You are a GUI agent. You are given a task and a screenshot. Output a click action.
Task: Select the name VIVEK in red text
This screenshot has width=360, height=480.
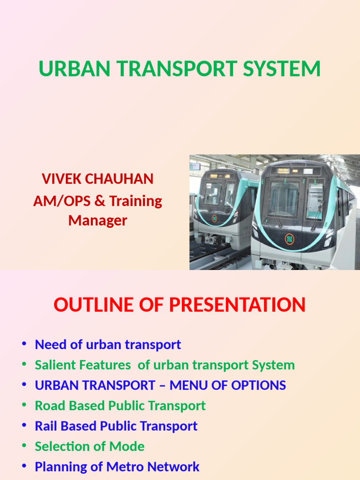click(60, 179)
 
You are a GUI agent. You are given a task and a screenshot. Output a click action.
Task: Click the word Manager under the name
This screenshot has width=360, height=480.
click(97, 220)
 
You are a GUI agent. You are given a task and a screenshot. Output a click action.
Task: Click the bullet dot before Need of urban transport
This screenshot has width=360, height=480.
click(24, 345)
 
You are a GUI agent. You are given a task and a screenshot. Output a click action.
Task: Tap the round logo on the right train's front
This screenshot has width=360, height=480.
click(290, 239)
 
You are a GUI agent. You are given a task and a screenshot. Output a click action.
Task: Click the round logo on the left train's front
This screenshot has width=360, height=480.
click(215, 218)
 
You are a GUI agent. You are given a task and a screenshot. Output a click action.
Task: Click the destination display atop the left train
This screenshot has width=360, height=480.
click(220, 176)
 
